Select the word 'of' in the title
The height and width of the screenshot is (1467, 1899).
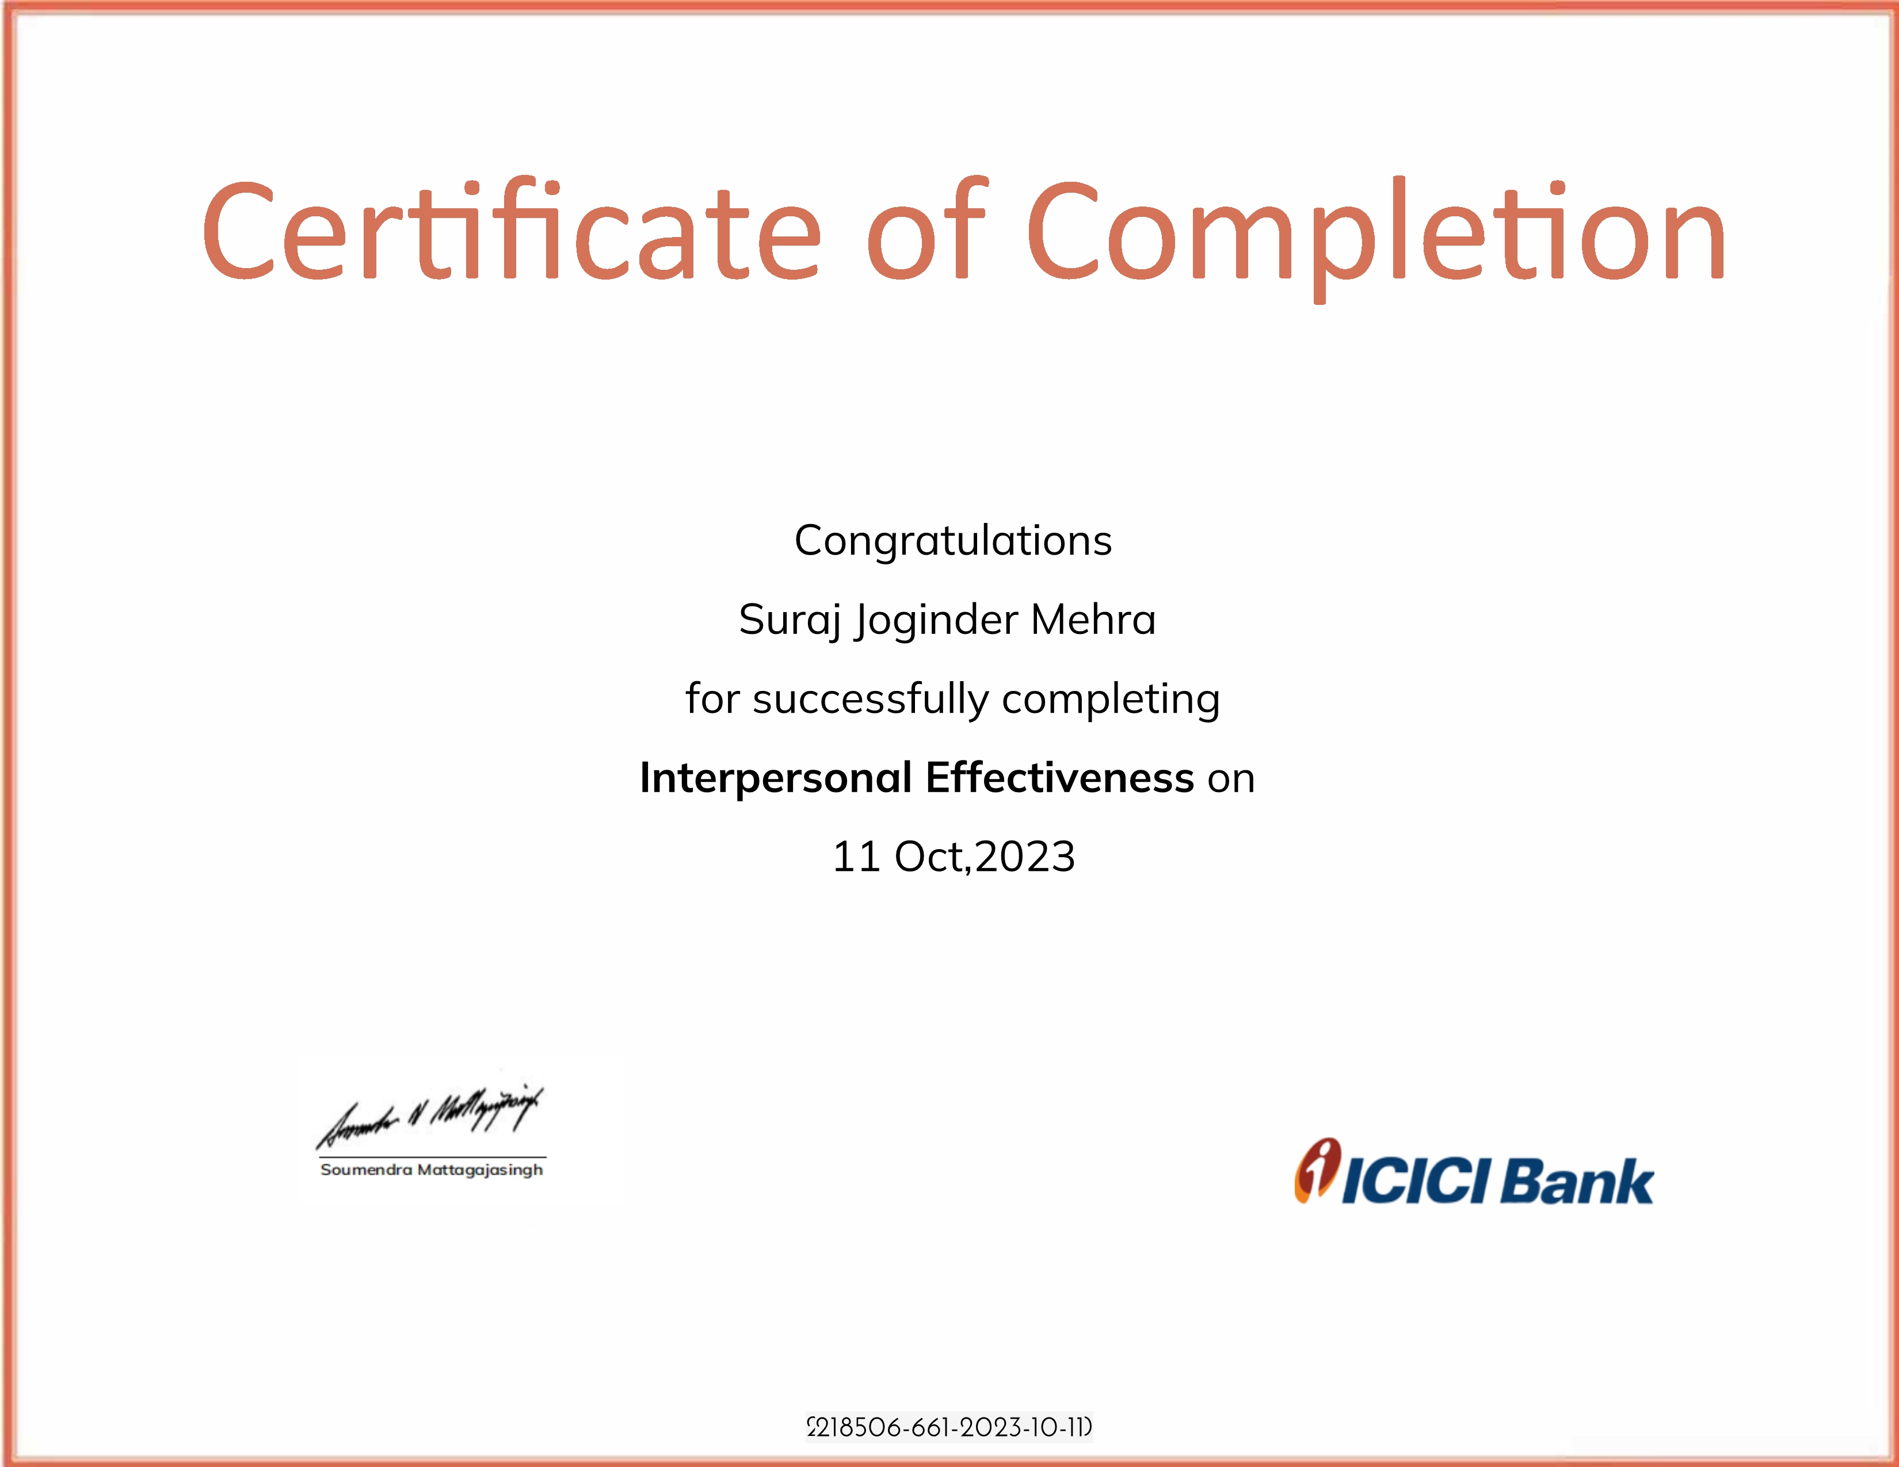click(x=927, y=228)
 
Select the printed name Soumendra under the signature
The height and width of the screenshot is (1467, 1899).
click(x=366, y=1170)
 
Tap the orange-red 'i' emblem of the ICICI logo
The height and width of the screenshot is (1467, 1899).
click(x=1317, y=1171)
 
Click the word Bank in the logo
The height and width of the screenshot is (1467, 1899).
click(x=1576, y=1182)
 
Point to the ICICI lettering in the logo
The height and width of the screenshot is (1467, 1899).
click(x=1417, y=1182)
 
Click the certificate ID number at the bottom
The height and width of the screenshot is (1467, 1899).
click(x=949, y=1428)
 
